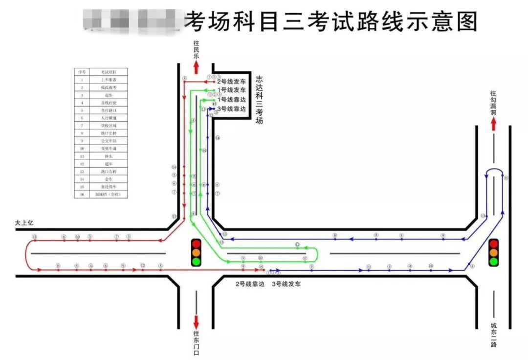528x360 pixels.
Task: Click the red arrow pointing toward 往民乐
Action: [197, 67]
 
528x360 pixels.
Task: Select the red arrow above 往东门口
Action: [196, 322]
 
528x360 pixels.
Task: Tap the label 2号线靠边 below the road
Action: [250, 284]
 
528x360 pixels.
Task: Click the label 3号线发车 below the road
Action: [286, 284]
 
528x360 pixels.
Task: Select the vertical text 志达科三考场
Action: [259, 99]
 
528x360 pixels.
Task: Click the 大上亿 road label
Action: [24, 223]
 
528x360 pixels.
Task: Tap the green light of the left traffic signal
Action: [196, 261]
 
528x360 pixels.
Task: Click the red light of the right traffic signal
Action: [494, 243]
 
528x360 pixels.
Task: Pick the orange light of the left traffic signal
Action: [196, 252]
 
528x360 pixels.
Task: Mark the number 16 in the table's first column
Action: [82, 194]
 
